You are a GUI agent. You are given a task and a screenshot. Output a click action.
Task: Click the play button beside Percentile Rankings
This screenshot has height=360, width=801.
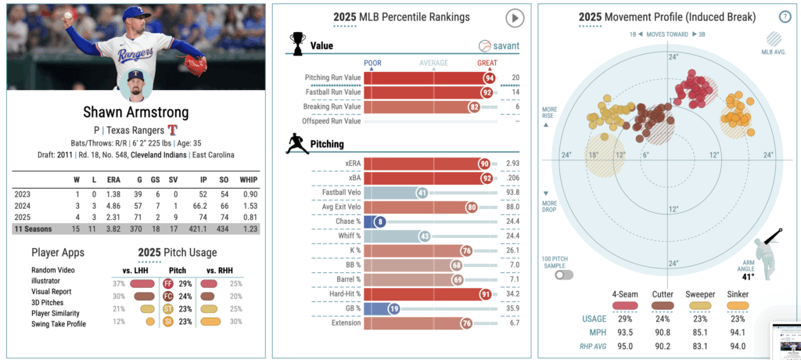[x=514, y=17]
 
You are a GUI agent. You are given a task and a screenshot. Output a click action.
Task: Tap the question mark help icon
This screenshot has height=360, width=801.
[x=785, y=16]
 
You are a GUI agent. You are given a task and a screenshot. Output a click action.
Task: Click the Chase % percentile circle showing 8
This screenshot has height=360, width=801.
[x=380, y=222]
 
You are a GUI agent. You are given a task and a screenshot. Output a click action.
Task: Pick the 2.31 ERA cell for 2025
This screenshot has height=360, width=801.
[x=113, y=216]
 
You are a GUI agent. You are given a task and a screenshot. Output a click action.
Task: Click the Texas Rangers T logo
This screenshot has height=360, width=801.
[x=173, y=130]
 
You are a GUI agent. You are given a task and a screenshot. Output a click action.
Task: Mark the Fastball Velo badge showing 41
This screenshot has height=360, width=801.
[x=422, y=193]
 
